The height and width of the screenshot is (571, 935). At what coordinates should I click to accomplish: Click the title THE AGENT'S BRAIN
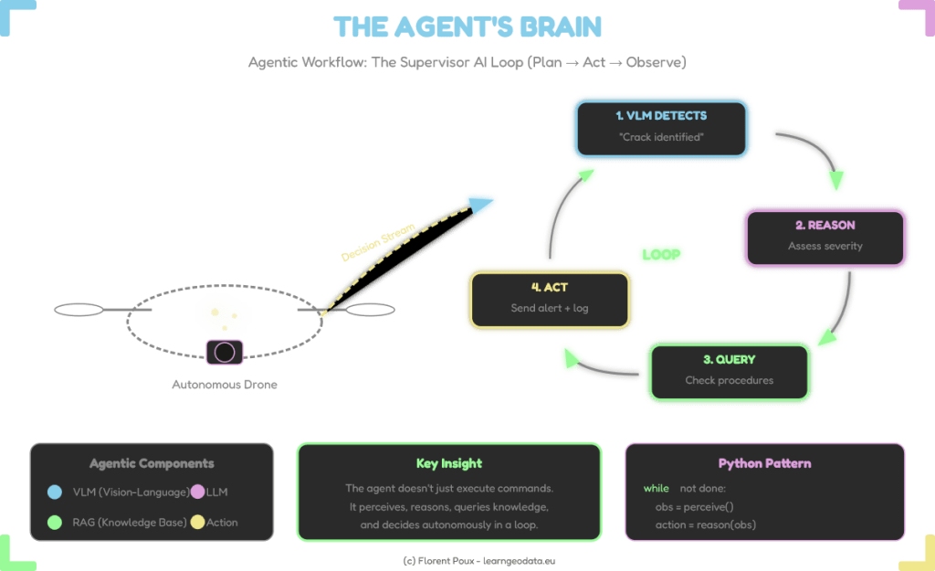(467, 27)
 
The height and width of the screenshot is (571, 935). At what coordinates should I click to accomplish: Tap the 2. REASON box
(825, 235)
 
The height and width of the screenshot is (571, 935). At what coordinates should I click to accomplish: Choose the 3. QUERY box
(728, 370)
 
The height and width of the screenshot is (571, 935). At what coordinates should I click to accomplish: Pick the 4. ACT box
(549, 298)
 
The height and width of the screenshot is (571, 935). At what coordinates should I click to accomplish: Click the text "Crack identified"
(661, 137)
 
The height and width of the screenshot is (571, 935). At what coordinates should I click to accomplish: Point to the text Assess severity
(825, 246)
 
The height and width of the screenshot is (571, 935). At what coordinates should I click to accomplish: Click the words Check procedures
(728, 381)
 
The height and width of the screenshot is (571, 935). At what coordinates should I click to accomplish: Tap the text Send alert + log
(549, 309)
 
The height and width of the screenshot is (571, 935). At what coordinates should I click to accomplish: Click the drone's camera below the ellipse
(225, 352)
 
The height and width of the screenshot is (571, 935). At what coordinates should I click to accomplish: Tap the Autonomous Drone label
(225, 385)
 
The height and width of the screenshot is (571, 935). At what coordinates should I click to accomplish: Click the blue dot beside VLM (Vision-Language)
(55, 493)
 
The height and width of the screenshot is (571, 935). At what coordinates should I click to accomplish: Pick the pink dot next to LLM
(197, 493)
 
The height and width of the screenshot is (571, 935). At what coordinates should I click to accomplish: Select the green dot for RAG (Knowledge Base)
(55, 523)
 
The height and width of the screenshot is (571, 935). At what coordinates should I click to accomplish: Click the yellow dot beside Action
(197, 523)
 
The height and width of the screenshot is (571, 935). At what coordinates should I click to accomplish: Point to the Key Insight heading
(447, 463)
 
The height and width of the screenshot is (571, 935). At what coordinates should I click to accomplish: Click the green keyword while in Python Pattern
(655, 489)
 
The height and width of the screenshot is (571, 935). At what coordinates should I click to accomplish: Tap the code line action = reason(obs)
(705, 523)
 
